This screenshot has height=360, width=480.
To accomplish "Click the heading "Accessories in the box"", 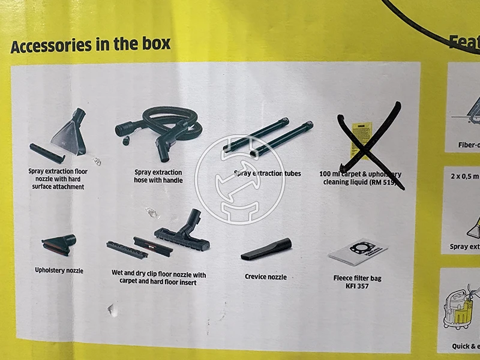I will [x=90, y=45].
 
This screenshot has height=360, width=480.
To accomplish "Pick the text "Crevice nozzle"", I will [x=266, y=277].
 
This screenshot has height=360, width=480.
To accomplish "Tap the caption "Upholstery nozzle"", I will [x=59, y=271].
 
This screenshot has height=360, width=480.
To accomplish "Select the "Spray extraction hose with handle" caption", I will [x=158, y=176].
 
